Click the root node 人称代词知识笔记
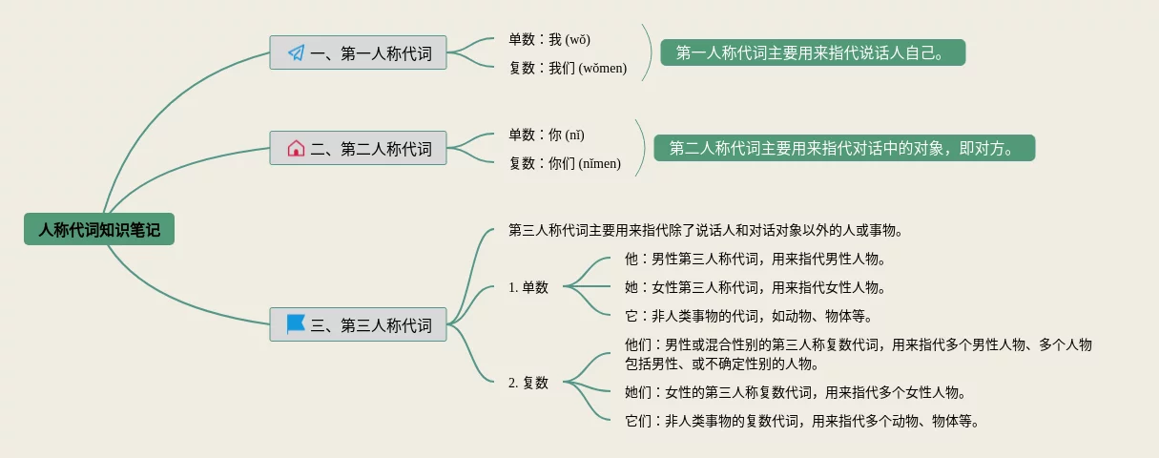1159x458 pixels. [99, 229]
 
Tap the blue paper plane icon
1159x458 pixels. [297, 52]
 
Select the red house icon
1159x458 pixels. [296, 148]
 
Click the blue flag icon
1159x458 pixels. [296, 324]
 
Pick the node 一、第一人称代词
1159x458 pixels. [358, 52]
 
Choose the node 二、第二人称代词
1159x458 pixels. [358, 148]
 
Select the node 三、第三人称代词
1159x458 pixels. [358, 324]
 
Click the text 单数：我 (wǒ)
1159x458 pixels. [549, 39]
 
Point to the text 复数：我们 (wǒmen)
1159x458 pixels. [569, 68]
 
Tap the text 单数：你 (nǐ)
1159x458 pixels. [547, 135]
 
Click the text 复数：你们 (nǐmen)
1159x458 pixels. [565, 163]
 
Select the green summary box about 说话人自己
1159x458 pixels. [813, 52]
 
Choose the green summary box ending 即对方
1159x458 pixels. [844, 148]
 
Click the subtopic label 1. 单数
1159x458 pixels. [528, 287]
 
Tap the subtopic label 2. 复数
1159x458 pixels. [528, 383]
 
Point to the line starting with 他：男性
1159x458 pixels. [755, 259]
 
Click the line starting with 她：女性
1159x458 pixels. [755, 286]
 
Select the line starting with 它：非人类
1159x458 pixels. [748, 316]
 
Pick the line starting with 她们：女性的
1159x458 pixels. [796, 392]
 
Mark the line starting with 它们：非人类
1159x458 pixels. [802, 421]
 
